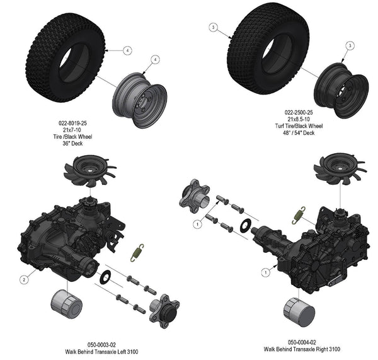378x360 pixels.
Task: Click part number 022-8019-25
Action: pos(72,124)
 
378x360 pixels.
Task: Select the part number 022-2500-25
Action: pos(299,112)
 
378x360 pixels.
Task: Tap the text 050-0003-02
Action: pos(101,345)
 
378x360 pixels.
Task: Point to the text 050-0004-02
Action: pos(302,342)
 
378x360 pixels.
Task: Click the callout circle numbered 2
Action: pos(24,280)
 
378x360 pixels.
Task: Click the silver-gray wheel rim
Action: pos(140,100)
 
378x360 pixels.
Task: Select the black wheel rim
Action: pos(341,91)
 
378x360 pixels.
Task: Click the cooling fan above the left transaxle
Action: pos(89,171)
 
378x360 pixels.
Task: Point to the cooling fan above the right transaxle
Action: pos(340,168)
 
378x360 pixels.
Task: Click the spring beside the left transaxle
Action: pos(137,252)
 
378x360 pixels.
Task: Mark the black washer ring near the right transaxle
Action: pos(246,226)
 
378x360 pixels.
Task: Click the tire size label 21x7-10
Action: pos(72,130)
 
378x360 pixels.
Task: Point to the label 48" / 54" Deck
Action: pos(299,132)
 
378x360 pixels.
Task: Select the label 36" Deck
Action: pos(72,144)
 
